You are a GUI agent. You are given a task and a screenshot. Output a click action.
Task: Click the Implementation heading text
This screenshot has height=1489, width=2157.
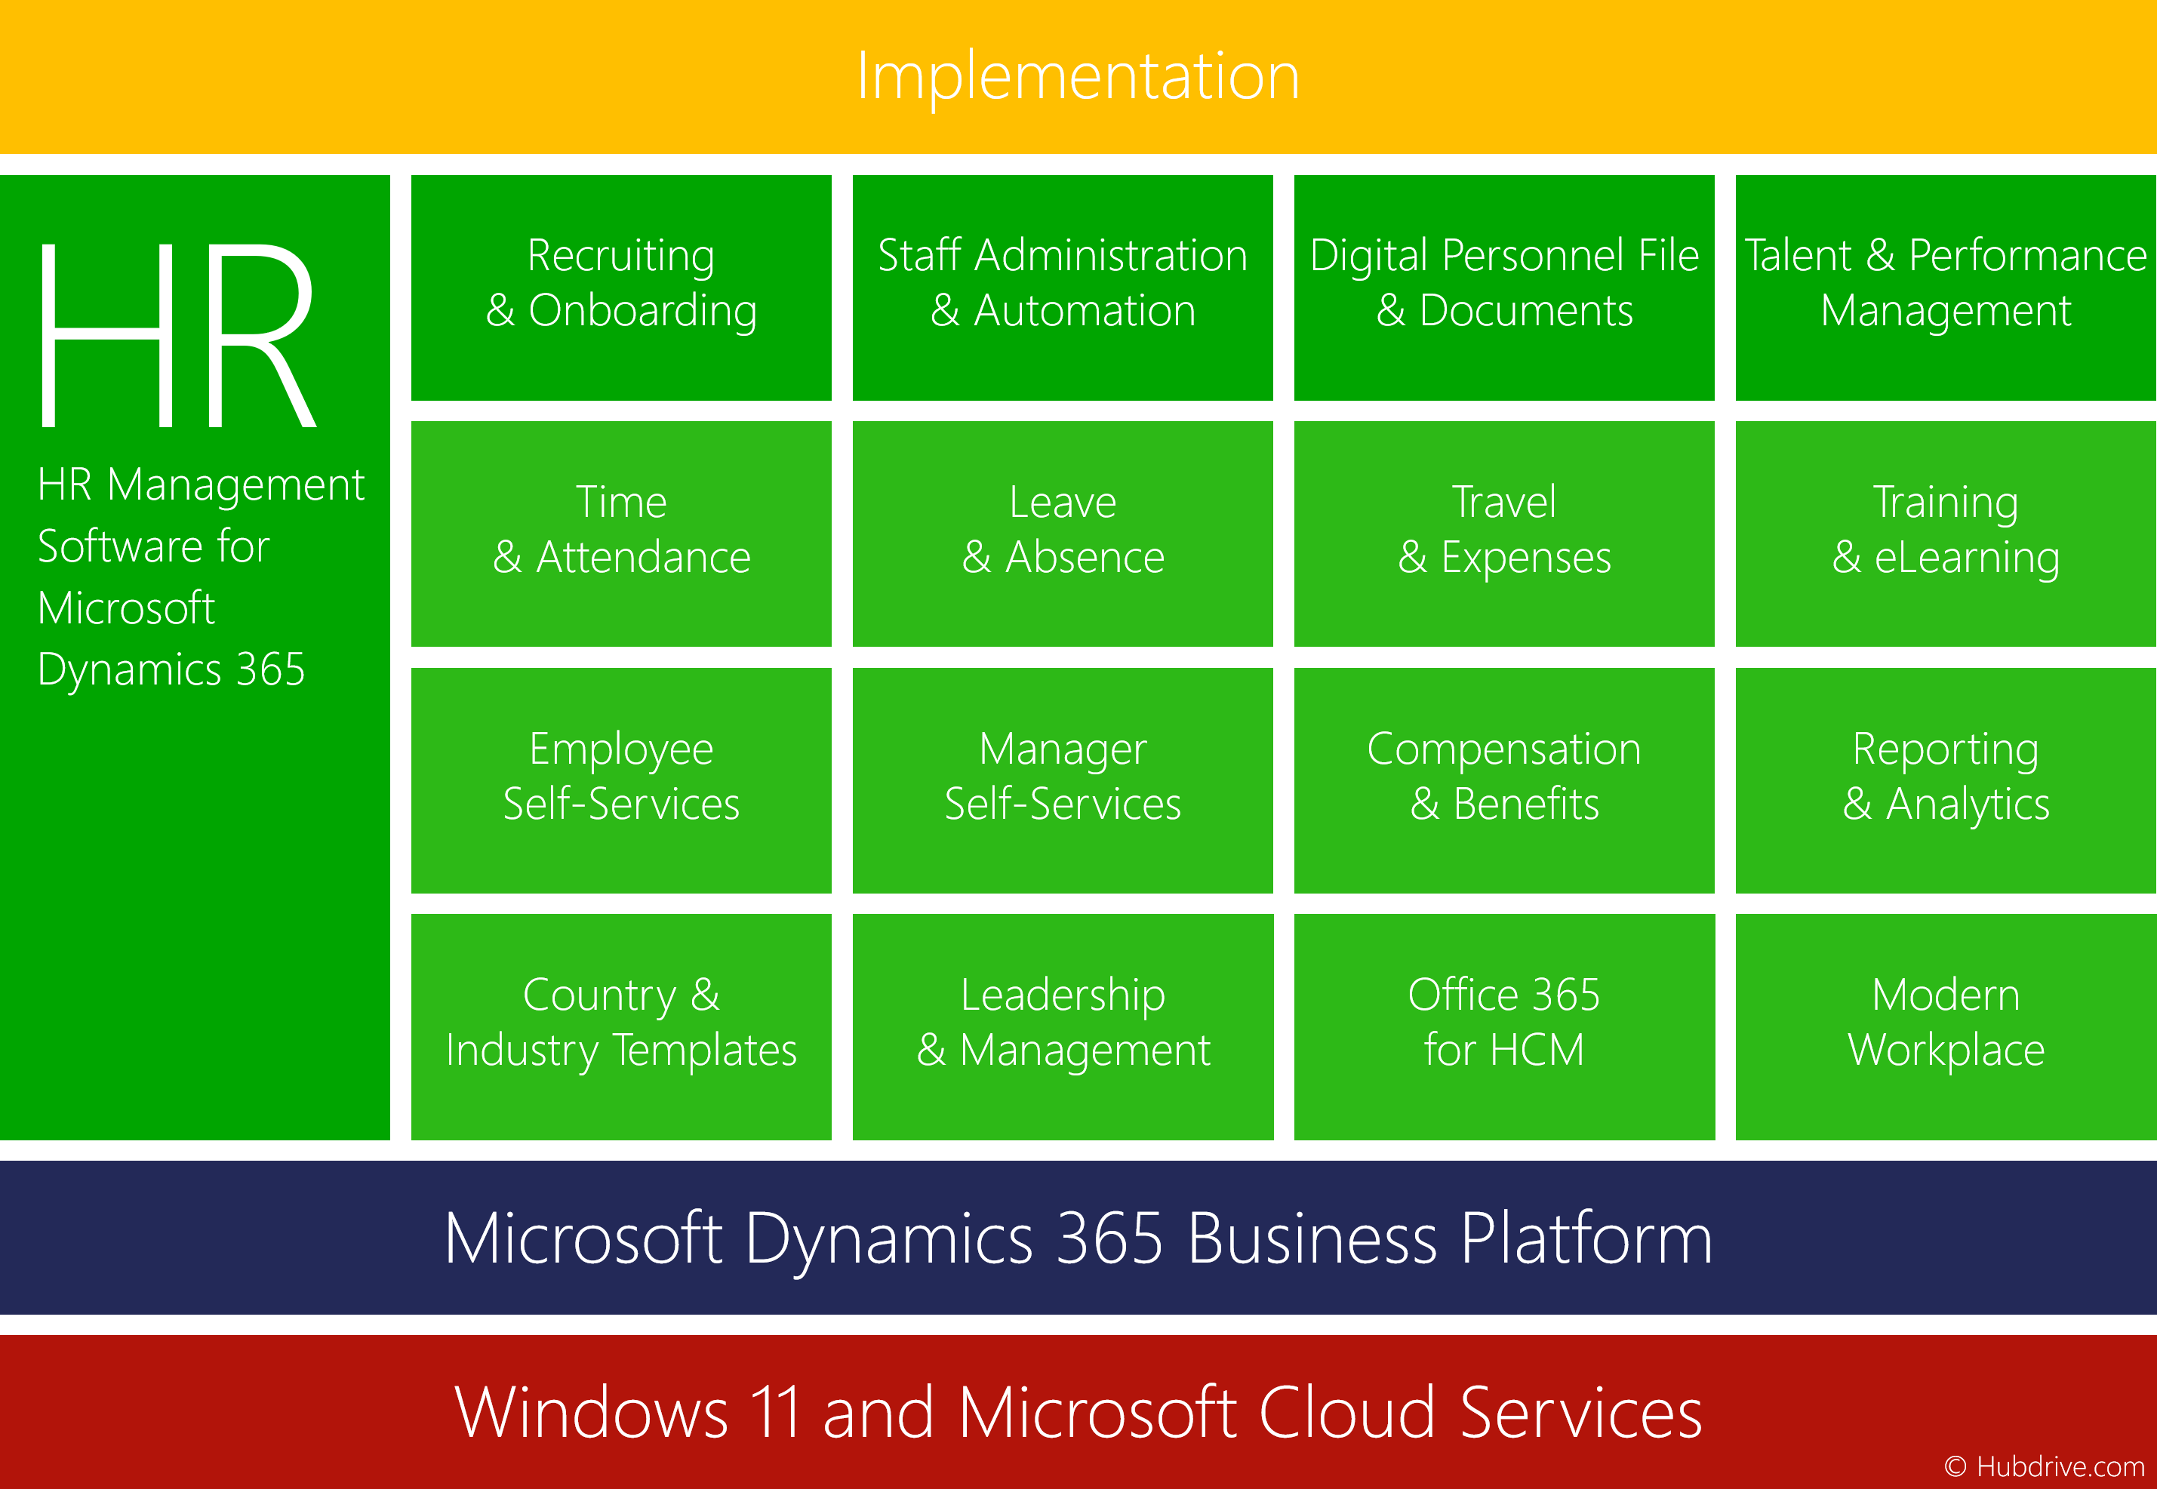pyautogui.click(x=1078, y=76)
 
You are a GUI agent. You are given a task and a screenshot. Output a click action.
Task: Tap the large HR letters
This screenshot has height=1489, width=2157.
pyautogui.click(x=177, y=335)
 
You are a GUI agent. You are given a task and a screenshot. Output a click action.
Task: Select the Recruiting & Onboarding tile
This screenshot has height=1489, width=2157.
pyautogui.click(x=621, y=288)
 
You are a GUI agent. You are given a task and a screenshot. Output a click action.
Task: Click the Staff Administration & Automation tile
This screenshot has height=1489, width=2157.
pyautogui.click(x=1063, y=288)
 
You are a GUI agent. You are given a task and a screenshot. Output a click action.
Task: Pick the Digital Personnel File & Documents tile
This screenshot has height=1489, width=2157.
pyautogui.click(x=1504, y=288)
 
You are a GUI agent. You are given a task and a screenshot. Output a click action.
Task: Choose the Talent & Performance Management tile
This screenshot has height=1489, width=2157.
pyautogui.click(x=1945, y=288)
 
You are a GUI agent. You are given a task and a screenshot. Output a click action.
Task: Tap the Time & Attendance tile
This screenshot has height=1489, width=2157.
pyautogui.click(x=621, y=534)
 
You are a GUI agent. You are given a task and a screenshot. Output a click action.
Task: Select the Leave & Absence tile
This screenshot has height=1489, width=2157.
pyautogui.click(x=1063, y=534)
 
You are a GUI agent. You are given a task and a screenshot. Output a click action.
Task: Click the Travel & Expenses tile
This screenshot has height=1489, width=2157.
pyautogui.click(x=1504, y=534)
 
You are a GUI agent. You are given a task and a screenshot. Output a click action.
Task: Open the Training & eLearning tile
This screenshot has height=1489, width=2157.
pyautogui.click(x=1945, y=534)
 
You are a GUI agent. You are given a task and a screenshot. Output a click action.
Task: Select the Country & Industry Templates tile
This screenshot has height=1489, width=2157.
pyautogui.click(x=621, y=1027)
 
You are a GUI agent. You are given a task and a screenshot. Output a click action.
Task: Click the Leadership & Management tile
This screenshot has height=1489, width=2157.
pyautogui.click(x=1063, y=1027)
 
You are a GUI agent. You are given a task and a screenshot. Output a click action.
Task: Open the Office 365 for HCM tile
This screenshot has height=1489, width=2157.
pyautogui.click(x=1504, y=1027)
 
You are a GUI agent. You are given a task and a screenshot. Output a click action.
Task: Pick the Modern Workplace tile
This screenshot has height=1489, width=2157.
pyautogui.click(x=1945, y=1027)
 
